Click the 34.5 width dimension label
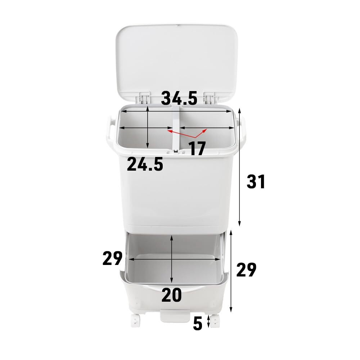coord(179,98)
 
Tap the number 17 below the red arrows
coord(197,148)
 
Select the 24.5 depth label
coord(145,164)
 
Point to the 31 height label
coord(256,181)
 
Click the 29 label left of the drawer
coord(112,258)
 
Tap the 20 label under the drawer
coord(171,295)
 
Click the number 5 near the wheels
coord(198,324)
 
